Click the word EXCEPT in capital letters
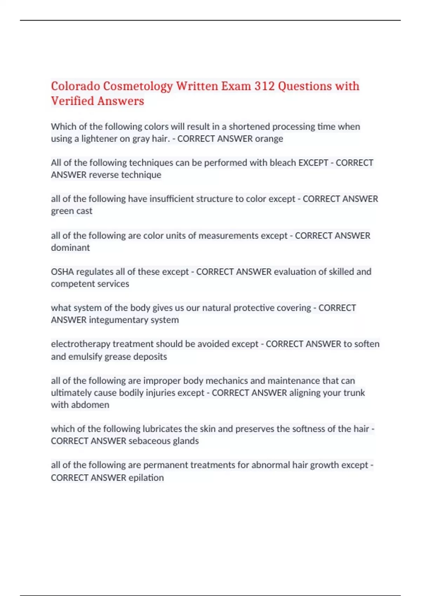[313, 163]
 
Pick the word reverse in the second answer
[104, 175]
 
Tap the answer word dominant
[70, 248]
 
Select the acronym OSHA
[62, 272]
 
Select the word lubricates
[162, 429]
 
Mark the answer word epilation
[146, 478]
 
